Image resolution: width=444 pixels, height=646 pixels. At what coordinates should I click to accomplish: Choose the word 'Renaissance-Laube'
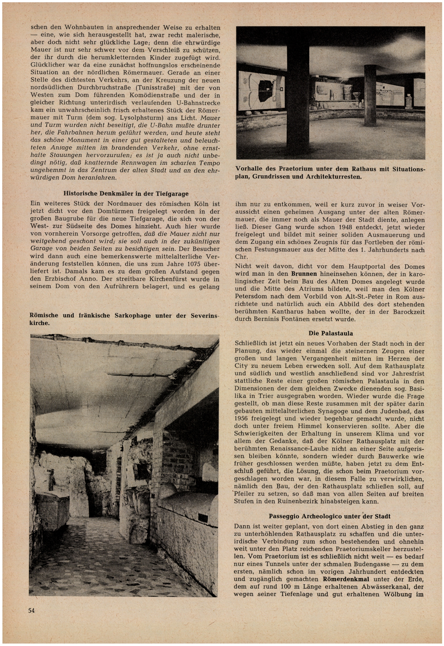pos(297,449)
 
